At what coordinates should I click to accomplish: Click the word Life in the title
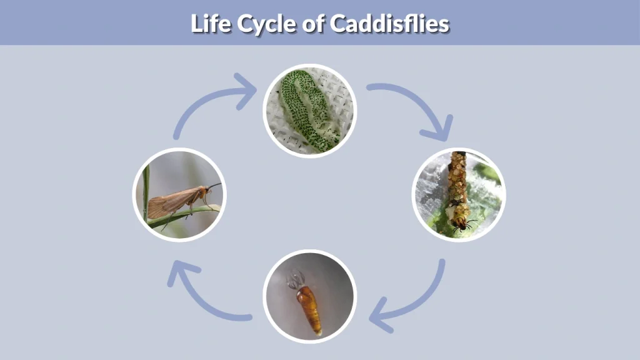(209, 24)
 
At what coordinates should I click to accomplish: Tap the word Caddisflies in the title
(389, 24)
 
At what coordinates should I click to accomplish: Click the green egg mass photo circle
(309, 111)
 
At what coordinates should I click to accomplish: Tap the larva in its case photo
(459, 194)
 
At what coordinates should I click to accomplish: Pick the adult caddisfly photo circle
(180, 194)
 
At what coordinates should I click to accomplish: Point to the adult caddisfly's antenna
(214, 186)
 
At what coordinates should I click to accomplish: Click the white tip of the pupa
(319, 333)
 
